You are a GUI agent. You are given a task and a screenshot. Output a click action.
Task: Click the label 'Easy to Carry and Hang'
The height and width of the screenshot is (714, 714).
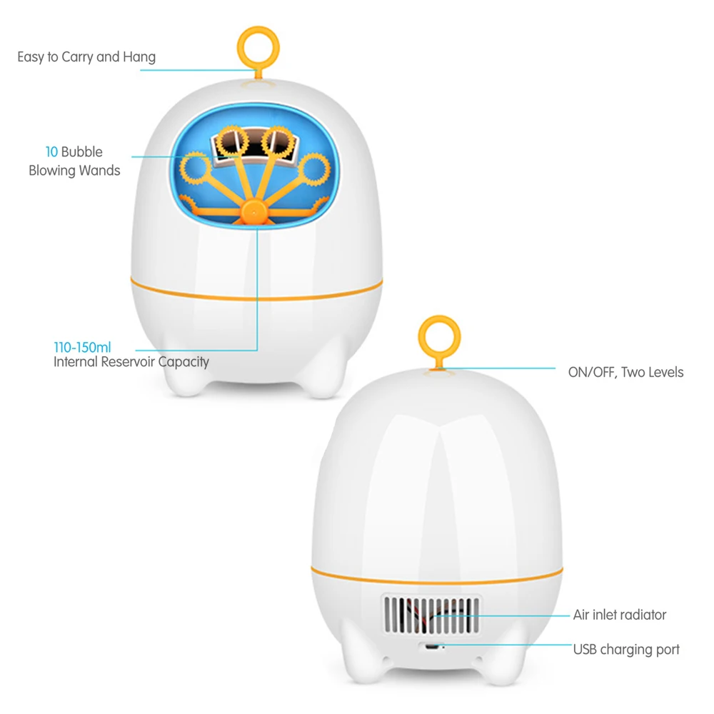(x=86, y=57)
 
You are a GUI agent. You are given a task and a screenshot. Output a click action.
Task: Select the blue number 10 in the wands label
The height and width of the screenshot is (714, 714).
(x=51, y=151)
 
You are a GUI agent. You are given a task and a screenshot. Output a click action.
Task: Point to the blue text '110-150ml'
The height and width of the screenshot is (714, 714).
(x=82, y=348)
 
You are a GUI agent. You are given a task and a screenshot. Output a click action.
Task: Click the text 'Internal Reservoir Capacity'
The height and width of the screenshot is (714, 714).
(x=131, y=362)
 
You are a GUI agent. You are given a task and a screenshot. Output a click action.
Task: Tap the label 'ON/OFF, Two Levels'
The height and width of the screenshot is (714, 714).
(x=625, y=372)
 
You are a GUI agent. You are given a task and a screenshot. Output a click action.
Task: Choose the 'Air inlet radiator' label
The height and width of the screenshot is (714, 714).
(x=619, y=615)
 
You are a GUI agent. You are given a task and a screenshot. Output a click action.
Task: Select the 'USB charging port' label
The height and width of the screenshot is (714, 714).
(x=626, y=649)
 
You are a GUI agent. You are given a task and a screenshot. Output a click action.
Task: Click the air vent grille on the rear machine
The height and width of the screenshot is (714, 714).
(x=431, y=615)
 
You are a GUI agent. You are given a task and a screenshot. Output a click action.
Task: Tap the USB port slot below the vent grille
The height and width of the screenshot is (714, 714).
(x=432, y=647)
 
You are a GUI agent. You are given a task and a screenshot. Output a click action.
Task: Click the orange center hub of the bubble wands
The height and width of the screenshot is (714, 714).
(x=253, y=212)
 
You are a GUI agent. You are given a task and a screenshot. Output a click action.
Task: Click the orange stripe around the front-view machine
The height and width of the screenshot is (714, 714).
(x=256, y=298)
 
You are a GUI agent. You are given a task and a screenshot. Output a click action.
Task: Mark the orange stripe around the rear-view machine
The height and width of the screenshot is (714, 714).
(x=437, y=581)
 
